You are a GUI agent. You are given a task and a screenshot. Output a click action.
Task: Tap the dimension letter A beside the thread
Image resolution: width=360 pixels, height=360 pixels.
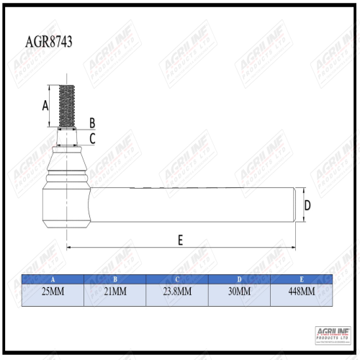coord(45,105)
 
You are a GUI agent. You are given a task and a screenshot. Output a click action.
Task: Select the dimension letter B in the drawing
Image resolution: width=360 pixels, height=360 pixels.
coord(91,122)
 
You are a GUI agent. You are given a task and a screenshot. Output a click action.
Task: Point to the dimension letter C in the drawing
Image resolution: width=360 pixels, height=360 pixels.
coord(92,138)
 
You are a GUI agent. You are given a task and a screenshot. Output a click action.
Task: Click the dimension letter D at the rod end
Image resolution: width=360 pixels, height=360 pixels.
coord(307,206)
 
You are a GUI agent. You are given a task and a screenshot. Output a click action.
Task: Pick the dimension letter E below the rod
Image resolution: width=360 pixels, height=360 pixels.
coord(179,240)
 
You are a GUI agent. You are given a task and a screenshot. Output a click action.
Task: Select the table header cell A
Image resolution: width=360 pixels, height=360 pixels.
coord(53,279)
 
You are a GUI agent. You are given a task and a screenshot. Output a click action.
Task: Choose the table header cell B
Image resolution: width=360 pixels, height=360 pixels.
coord(114,279)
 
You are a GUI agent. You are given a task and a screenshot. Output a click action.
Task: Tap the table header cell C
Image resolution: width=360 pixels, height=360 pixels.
coord(176,279)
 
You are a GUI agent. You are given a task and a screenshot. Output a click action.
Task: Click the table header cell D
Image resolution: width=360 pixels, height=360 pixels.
coord(238,279)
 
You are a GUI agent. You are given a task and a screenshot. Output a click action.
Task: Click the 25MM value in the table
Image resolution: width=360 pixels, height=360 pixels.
coord(53,292)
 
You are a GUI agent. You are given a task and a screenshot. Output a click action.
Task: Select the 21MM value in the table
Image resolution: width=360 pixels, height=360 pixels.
coord(114,292)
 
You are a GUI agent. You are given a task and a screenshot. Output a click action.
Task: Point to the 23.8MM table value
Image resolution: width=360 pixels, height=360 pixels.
coord(176,292)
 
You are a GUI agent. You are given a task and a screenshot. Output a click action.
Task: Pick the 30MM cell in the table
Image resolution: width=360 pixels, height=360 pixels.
coord(238,292)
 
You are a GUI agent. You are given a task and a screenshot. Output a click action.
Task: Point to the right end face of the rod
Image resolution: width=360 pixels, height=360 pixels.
coord(294,205)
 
